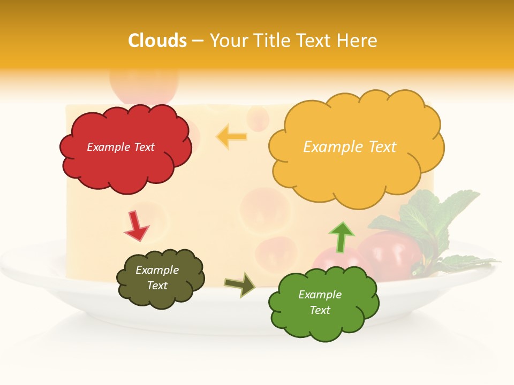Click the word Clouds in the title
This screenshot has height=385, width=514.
click(x=157, y=41)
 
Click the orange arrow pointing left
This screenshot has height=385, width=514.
click(x=232, y=137)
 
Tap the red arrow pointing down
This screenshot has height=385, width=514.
click(x=135, y=226)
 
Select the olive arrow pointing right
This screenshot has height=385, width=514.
click(x=240, y=284)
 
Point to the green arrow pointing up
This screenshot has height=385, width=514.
click(x=341, y=236)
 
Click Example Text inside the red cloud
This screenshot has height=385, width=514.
click(x=120, y=147)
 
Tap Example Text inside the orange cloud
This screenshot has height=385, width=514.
click(x=350, y=147)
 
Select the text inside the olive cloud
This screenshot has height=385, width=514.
click(x=157, y=278)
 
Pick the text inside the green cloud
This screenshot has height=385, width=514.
click(x=320, y=302)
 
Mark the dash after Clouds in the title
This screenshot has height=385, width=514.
click(x=198, y=41)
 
